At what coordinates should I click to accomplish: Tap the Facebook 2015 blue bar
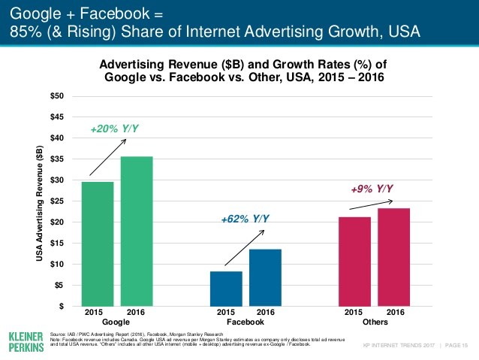click(x=226, y=289)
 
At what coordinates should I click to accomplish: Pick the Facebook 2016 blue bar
click(x=265, y=277)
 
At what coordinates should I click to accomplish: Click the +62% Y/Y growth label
click(x=245, y=219)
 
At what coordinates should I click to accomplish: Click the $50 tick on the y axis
click(x=56, y=96)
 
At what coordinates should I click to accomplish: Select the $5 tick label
click(x=59, y=286)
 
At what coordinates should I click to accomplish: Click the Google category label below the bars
click(x=117, y=321)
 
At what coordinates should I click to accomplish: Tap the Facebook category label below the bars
click(x=246, y=321)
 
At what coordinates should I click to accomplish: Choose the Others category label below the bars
click(x=374, y=321)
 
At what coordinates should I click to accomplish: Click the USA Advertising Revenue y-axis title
click(x=39, y=201)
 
